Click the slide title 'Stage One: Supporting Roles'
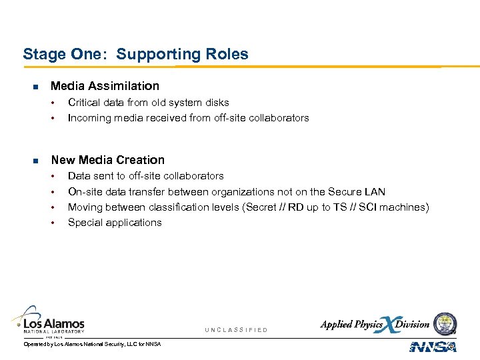click(x=135, y=54)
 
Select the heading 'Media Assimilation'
click(x=105, y=86)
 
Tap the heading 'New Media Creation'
click(x=107, y=160)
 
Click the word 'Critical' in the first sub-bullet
click(x=83, y=103)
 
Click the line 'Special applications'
click(x=115, y=223)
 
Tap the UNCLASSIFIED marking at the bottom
click(x=236, y=330)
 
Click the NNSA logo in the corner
click(x=433, y=347)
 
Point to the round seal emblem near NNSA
click(x=445, y=324)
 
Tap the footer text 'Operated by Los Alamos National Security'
click(x=92, y=344)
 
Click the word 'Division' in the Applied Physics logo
click(x=412, y=325)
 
